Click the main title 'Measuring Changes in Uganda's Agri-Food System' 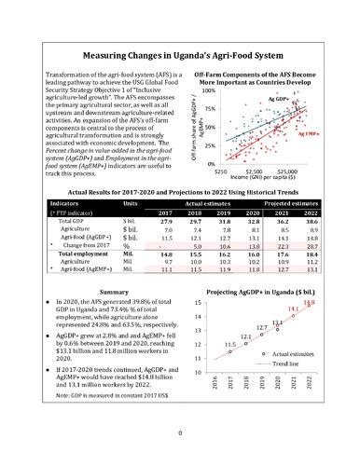[179, 56]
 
